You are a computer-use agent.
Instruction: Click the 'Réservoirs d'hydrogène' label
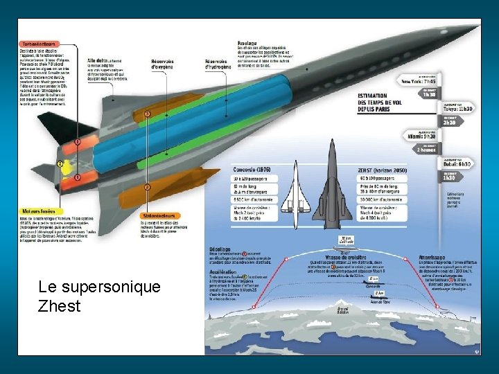216,64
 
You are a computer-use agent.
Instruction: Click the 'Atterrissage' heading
434,257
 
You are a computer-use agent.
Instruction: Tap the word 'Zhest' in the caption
60,305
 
